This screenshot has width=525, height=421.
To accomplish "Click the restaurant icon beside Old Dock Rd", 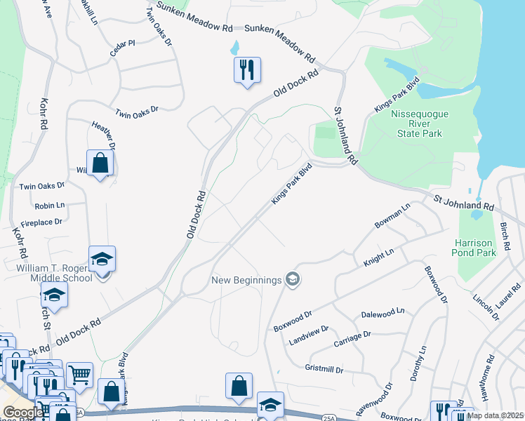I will (247, 70).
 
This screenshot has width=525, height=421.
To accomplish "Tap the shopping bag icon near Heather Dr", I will (100, 163).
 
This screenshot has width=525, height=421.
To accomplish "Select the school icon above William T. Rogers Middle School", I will (102, 260).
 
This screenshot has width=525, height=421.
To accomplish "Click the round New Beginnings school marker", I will (293, 280).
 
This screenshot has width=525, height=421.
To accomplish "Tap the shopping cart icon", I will (79, 375).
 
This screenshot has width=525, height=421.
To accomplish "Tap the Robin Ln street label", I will (50, 206).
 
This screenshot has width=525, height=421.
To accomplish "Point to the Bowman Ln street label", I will (392, 216).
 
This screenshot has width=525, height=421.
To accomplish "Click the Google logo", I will (22, 412).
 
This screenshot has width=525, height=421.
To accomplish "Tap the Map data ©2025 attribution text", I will (496, 415).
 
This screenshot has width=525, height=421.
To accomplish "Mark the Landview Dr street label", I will (310, 330).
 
